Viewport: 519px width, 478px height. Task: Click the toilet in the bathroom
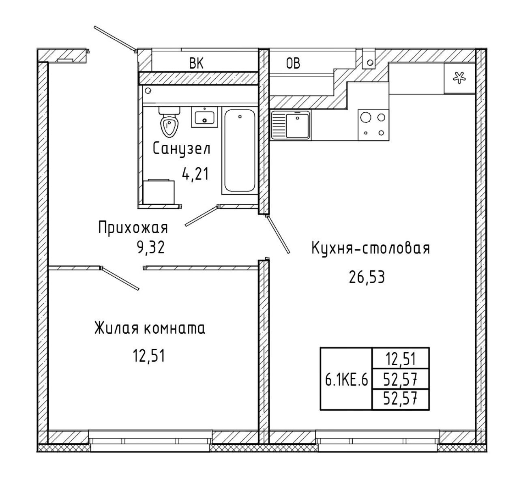(169, 122)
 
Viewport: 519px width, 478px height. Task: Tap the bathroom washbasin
(204, 117)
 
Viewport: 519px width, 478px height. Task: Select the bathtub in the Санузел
(240, 150)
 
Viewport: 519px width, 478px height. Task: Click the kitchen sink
(290, 125)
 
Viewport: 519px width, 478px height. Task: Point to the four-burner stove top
(373, 125)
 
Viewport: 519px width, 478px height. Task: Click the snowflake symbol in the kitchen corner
(459, 77)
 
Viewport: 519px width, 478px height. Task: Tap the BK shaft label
(196, 63)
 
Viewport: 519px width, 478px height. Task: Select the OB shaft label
(293, 63)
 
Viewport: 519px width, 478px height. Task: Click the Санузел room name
(181, 149)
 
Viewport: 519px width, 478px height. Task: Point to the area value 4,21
(195, 174)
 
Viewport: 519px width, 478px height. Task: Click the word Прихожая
(133, 227)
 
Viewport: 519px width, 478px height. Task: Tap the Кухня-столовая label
(371, 248)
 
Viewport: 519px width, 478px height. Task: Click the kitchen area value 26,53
(367, 277)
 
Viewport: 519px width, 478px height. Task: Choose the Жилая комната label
(150, 328)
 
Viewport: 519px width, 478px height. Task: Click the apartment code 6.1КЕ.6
(346, 380)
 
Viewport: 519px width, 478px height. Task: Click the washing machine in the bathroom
(159, 191)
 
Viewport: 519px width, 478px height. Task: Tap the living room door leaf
(120, 279)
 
